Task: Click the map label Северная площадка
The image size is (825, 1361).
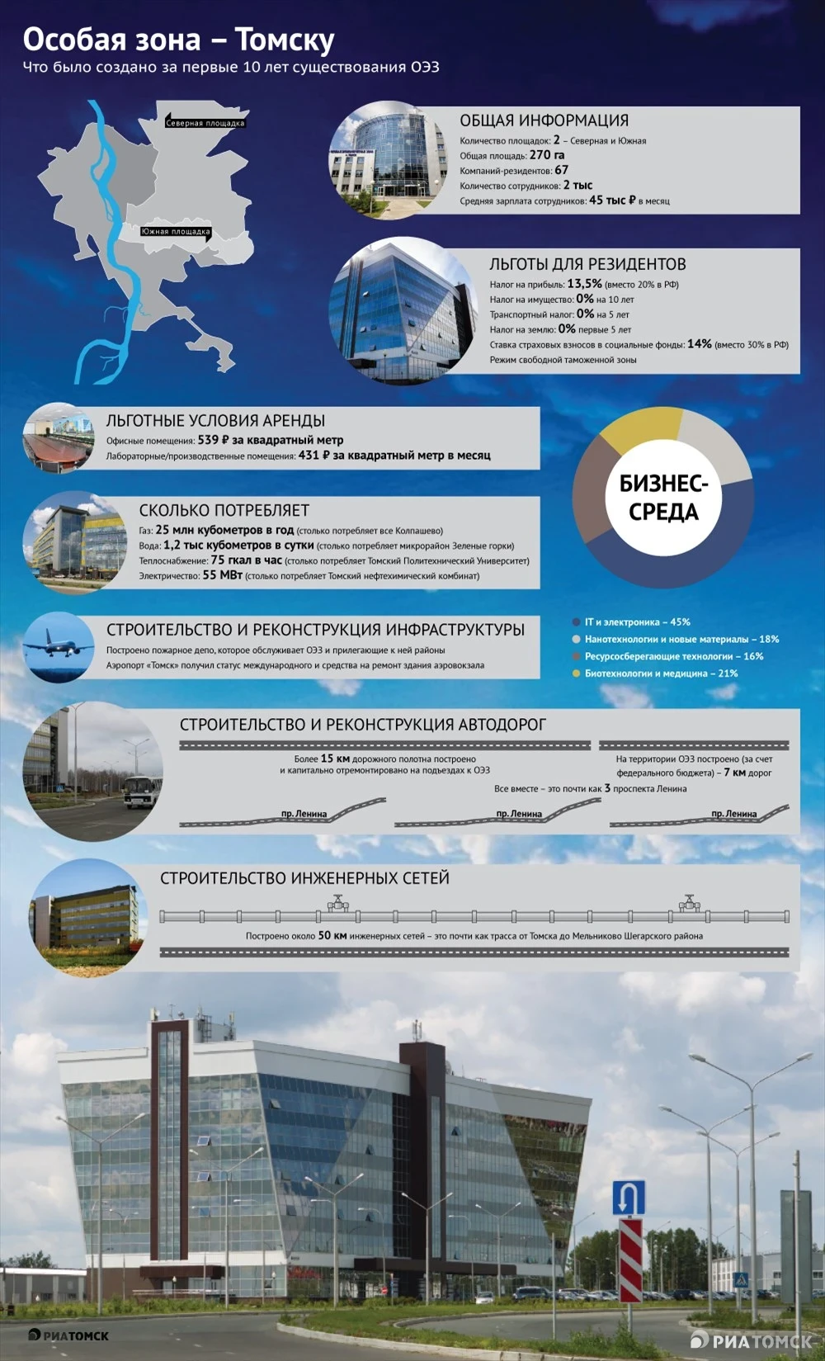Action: click(x=205, y=123)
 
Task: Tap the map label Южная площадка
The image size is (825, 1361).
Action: click(x=176, y=232)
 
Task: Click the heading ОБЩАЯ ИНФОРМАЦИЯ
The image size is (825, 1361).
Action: click(x=544, y=121)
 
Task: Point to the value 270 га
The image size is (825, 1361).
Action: click(x=547, y=155)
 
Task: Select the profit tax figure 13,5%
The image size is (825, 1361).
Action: click(x=584, y=284)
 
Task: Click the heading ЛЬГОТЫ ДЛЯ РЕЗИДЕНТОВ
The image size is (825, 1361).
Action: click(x=587, y=264)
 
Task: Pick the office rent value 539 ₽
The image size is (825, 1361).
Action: click(x=213, y=440)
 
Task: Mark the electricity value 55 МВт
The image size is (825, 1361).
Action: click(x=222, y=575)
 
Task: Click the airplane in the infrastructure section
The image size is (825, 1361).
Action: click(x=56, y=645)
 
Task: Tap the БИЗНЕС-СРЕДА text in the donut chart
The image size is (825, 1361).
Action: click(x=663, y=498)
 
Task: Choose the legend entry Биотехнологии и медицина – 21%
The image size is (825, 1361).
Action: click(x=661, y=673)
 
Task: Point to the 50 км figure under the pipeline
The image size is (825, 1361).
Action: click(x=332, y=936)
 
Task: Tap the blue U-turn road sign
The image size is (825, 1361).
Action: click(x=629, y=1198)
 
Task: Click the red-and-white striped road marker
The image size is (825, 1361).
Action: click(x=630, y=1259)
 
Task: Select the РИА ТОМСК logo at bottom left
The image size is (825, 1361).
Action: click(x=68, y=1335)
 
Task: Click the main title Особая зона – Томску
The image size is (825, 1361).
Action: click(x=178, y=40)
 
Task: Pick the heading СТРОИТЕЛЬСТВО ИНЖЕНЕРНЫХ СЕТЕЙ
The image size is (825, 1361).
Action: click(x=304, y=878)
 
